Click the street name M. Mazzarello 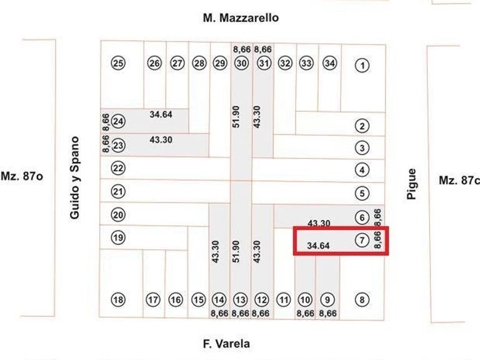coord(241,18)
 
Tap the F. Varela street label coord(226,344)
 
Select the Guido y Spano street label coord(75,177)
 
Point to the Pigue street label coord(411,184)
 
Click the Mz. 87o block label coord(22,177)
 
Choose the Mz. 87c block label coord(459,181)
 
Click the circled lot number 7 coord(362,239)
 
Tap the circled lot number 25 coord(118,63)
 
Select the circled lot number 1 coord(362,64)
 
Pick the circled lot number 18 coord(118,300)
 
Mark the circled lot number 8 coord(362,300)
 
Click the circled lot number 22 coord(118,168)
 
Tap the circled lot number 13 coord(241,300)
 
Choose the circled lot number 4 coord(362,169)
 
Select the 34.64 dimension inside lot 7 coord(318,246)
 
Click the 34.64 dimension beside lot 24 coord(161,114)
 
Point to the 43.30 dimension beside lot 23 coord(161,139)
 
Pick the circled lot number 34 coord(329,63)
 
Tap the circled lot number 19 coord(118,237)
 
